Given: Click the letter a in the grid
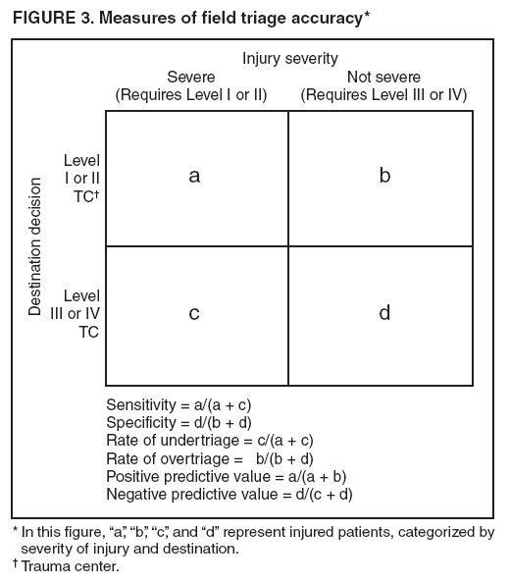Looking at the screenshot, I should pyautogui.click(x=194, y=177).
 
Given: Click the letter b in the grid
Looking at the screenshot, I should pyautogui.click(x=384, y=177).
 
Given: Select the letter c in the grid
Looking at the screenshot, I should pyautogui.click(x=194, y=313).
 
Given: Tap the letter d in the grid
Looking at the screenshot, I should pyautogui.click(x=384, y=313).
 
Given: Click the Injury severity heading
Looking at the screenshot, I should pyautogui.click(x=290, y=58).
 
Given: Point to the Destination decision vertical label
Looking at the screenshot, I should pyautogui.click(x=36, y=246).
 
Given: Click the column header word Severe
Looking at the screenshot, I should pyautogui.click(x=191, y=77).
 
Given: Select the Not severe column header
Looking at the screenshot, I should pyautogui.click(x=383, y=77).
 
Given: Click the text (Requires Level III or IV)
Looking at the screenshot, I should pyautogui.click(x=383, y=95).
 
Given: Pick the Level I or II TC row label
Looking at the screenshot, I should pyautogui.click(x=81, y=178).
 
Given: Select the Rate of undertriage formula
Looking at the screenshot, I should pyautogui.click(x=209, y=440).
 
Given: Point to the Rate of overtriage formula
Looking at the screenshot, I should pyautogui.click(x=209, y=458).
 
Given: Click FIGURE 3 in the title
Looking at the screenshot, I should pyautogui.click(x=50, y=15).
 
